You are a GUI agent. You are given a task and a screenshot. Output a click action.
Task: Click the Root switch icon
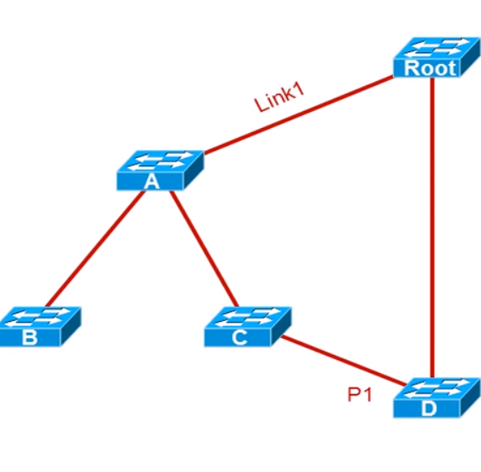(437, 57)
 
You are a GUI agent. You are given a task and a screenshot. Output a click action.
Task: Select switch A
(160, 170)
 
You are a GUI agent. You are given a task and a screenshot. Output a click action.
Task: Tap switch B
(40, 327)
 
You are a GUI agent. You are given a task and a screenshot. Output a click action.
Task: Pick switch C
(248, 327)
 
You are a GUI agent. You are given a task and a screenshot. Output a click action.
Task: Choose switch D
(437, 398)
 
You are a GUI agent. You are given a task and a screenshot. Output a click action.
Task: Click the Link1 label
(279, 98)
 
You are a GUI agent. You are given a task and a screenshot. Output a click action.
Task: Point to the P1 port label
(360, 394)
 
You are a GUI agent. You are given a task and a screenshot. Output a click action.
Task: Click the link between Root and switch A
(299, 115)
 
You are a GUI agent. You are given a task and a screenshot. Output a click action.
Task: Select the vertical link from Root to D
(432, 227)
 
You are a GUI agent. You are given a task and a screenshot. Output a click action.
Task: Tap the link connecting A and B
(95, 248)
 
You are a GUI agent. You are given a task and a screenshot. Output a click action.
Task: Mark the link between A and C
(204, 248)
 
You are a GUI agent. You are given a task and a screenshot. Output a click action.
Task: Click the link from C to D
(343, 361)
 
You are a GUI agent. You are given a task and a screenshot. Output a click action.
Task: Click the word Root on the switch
(430, 68)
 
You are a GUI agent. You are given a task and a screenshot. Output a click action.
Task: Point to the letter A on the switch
(152, 182)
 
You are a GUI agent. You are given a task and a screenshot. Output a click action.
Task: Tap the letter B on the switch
(30, 337)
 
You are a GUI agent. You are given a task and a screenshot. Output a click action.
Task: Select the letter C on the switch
(239, 337)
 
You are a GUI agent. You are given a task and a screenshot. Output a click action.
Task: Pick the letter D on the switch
(429, 409)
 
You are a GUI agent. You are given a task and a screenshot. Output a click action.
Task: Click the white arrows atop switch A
(160, 161)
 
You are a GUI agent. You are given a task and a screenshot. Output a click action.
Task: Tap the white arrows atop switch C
(247, 318)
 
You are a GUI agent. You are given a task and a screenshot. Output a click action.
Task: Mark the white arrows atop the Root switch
(437, 48)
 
